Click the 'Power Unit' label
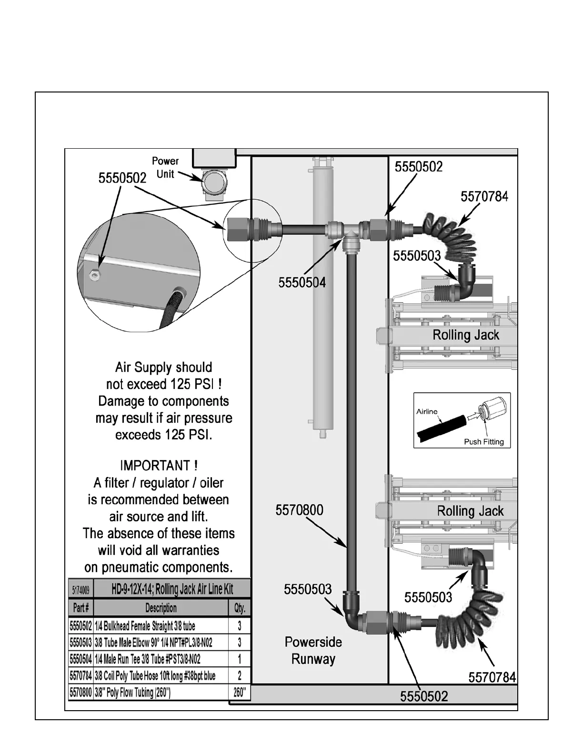pyautogui.click(x=165, y=168)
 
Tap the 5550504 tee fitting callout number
pyautogui.click(x=302, y=283)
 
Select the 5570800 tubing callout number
pyautogui.click(x=299, y=510)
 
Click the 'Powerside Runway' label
pyautogui.click(x=313, y=651)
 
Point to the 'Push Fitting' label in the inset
pyautogui.click(x=483, y=442)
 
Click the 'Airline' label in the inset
pyautogui.click(x=427, y=412)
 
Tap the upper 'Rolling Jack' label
pyautogui.click(x=465, y=335)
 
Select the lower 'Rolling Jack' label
pyautogui.click(x=470, y=511)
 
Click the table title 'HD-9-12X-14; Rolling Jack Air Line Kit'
pyautogui.click(x=172, y=589)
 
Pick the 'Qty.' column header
pyautogui.click(x=240, y=608)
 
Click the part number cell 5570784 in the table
pyautogui.click(x=80, y=675)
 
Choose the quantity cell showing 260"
pyautogui.click(x=240, y=693)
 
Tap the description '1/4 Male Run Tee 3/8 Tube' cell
pyautogui.click(x=148, y=659)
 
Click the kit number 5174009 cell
pyautogui.click(x=80, y=589)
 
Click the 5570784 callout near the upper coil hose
pyautogui.click(x=484, y=197)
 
